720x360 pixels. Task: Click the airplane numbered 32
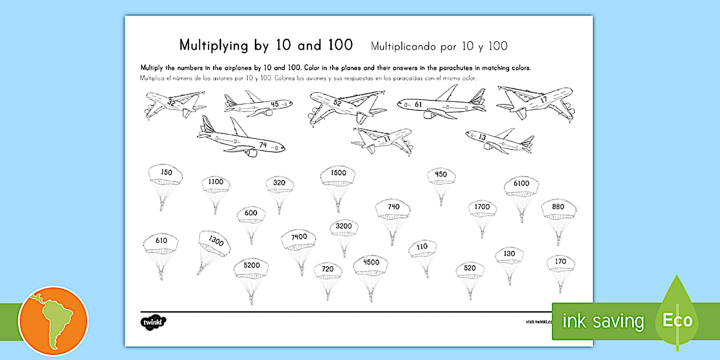[x=174, y=103]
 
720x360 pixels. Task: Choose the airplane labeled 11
[x=382, y=139]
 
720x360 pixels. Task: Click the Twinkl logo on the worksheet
[x=154, y=322]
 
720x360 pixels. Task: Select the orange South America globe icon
[x=53, y=321]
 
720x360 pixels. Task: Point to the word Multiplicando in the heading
[x=406, y=46]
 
